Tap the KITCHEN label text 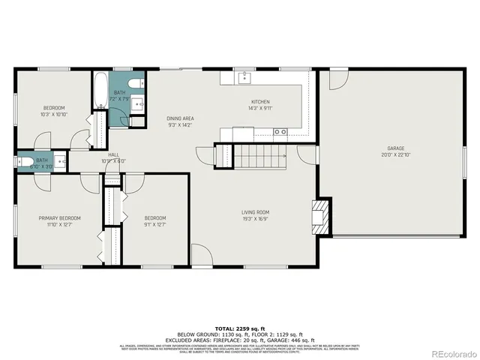(260, 102)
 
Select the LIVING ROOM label (255, 212)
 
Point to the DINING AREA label (181, 119)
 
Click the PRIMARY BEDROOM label (59, 218)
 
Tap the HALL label (113, 155)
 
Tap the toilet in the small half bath (24, 161)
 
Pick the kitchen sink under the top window (244, 76)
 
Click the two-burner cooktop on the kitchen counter (280, 132)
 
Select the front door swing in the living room (201, 256)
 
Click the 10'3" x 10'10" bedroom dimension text (53, 114)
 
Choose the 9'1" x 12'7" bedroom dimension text (154, 224)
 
